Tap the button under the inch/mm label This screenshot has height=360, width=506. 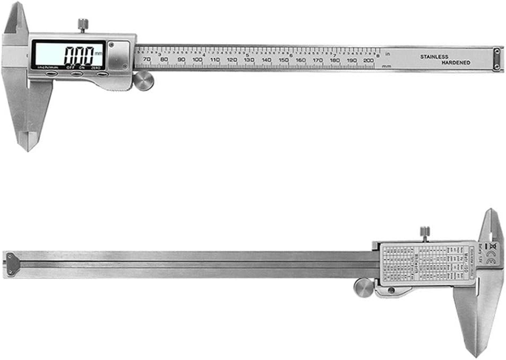pos(50,74)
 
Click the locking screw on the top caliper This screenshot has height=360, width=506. pos(83,24)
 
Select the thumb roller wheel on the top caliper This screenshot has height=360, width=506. pos(143,81)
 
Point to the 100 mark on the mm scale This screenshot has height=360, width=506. pos(198,60)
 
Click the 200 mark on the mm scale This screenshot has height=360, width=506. pos(369,60)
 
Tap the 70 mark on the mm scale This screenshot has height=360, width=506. pos(147,60)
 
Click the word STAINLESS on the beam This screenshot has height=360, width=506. pos(434,56)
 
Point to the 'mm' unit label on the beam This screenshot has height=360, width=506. pos(386,66)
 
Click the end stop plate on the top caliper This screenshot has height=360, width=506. pos(496,59)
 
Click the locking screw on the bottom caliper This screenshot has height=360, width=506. pos(424,232)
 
